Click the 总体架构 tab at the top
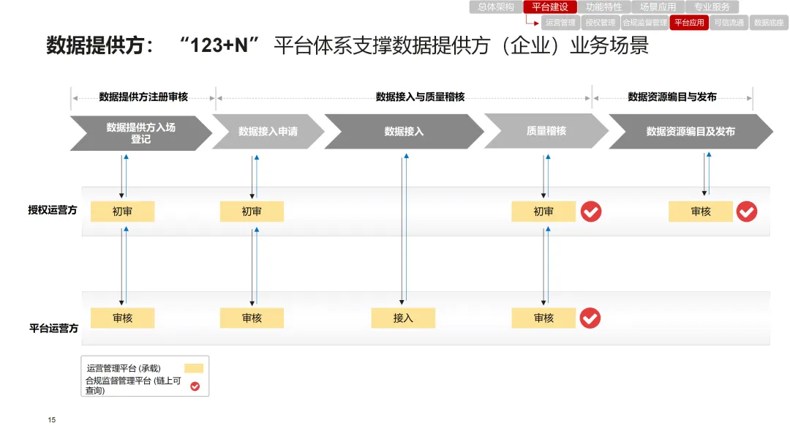tap(496, 7)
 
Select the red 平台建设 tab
tap(550, 7)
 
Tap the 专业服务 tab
tap(712, 7)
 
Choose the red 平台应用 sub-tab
tap(689, 23)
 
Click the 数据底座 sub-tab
tap(769, 23)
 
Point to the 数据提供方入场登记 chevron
tap(140, 132)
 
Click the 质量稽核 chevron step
tap(546, 131)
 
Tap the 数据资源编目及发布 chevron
tap(690, 132)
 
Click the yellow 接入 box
tap(403, 318)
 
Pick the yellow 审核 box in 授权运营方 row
tap(700, 212)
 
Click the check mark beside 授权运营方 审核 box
tap(747, 212)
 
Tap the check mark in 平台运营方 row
tap(590, 318)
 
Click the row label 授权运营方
tap(53, 211)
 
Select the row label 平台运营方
tap(53, 329)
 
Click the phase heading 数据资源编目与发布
tap(672, 97)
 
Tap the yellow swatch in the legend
tap(194, 368)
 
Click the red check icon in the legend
tap(195, 386)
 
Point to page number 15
tap(52, 420)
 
